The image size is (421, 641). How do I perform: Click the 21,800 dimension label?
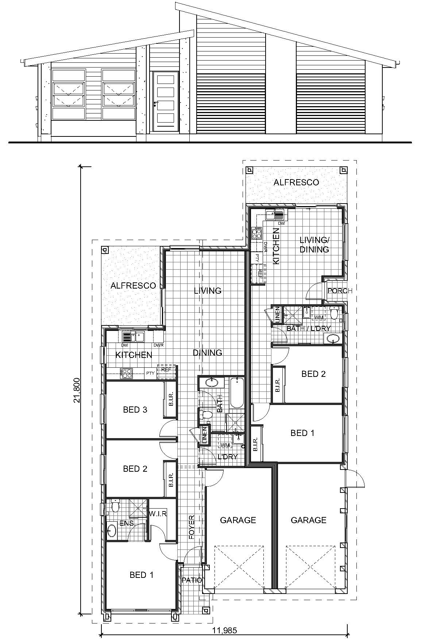pyautogui.click(x=76, y=390)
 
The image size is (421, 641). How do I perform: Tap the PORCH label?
pyautogui.click(x=340, y=291)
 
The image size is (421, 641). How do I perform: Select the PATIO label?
pyautogui.click(x=192, y=580)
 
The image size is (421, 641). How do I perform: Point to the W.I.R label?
pyautogui.click(x=158, y=514)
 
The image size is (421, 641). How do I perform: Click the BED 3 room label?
pyautogui.click(x=135, y=410)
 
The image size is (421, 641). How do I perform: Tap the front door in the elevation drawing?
pyautogui.click(x=165, y=102)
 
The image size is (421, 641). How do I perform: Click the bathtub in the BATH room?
pyautogui.click(x=237, y=393)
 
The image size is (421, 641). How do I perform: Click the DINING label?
pyautogui.click(x=207, y=353)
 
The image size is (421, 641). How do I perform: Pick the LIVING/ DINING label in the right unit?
pyautogui.click(x=314, y=245)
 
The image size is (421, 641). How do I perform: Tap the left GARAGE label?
pyautogui.click(x=238, y=520)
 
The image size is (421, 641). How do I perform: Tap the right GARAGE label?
pyautogui.click(x=308, y=520)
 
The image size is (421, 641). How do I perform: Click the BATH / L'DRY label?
pyautogui.click(x=308, y=329)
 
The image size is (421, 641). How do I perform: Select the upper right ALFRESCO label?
pyautogui.click(x=296, y=182)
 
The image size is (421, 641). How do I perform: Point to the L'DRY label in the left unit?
pyautogui.click(x=227, y=457)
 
